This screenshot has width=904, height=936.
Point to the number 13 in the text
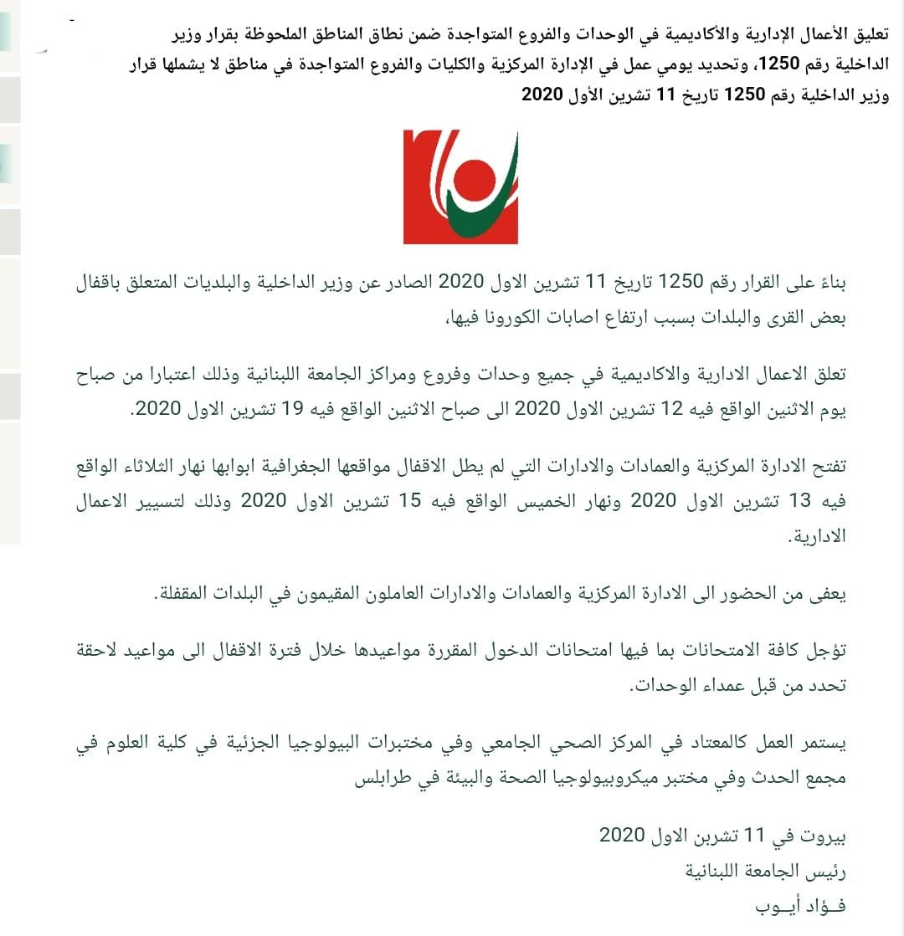(x=800, y=500)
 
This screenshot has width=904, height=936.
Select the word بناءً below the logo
(x=830, y=284)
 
